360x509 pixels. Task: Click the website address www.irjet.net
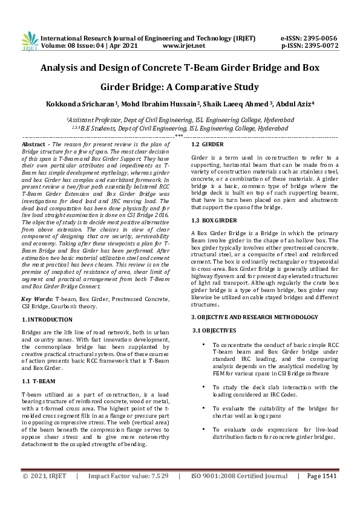(182, 45)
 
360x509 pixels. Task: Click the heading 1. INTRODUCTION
(48, 319)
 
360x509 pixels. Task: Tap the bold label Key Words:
(38, 299)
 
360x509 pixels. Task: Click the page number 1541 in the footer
(326, 493)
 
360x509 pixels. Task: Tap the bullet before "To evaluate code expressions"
(203, 429)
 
